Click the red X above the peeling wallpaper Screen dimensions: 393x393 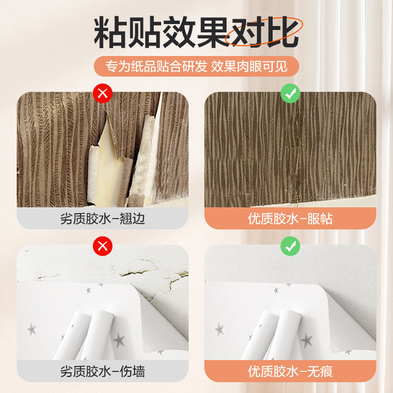point(103,93)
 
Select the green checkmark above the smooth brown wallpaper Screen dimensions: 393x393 point(290,93)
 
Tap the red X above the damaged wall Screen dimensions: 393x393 point(103,246)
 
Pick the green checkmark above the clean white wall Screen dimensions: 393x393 point(290,246)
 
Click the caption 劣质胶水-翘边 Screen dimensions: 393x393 point(103,219)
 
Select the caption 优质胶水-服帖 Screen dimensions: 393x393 point(290,219)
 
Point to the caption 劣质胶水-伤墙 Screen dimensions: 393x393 point(103,370)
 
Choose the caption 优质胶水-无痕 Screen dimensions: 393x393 point(290,370)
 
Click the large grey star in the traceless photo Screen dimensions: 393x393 point(307,339)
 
